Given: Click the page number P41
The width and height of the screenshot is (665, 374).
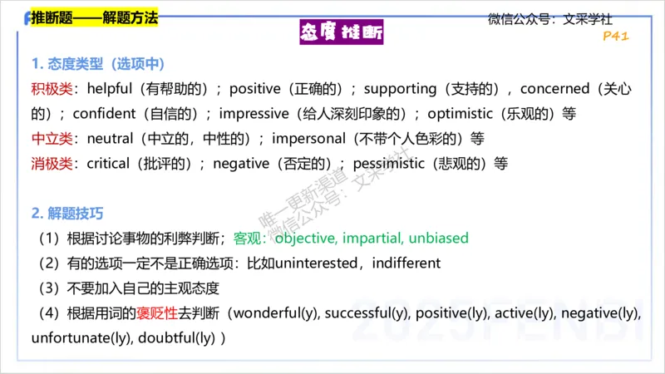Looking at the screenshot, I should pyautogui.click(x=616, y=37).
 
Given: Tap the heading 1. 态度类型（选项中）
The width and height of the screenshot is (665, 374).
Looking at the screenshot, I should pyautogui.click(x=97, y=64).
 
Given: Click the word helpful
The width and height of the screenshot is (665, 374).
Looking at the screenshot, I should pyautogui.click(x=111, y=89).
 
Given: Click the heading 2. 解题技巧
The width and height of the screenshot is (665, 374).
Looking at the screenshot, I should pyautogui.click(x=68, y=214).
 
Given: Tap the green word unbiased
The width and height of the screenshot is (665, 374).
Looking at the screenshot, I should pyautogui.click(x=439, y=239).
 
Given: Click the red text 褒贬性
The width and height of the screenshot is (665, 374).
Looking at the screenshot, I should pyautogui.click(x=160, y=313).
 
